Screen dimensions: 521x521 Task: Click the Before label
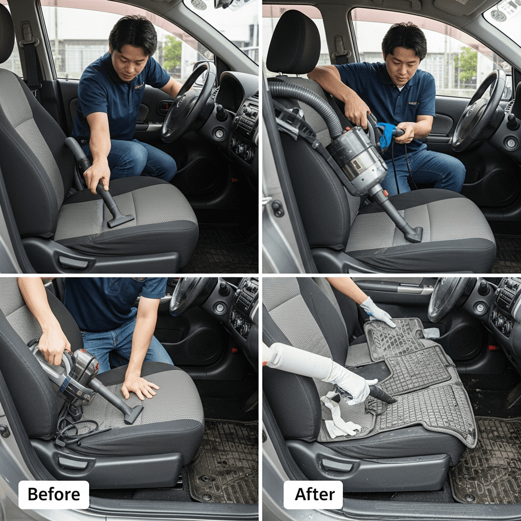pos(54,494)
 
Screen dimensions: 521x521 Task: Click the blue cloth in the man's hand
pos(386,134)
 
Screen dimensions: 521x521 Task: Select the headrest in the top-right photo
pos(293,42)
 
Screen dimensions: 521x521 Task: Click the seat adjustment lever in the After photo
pos(337,464)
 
